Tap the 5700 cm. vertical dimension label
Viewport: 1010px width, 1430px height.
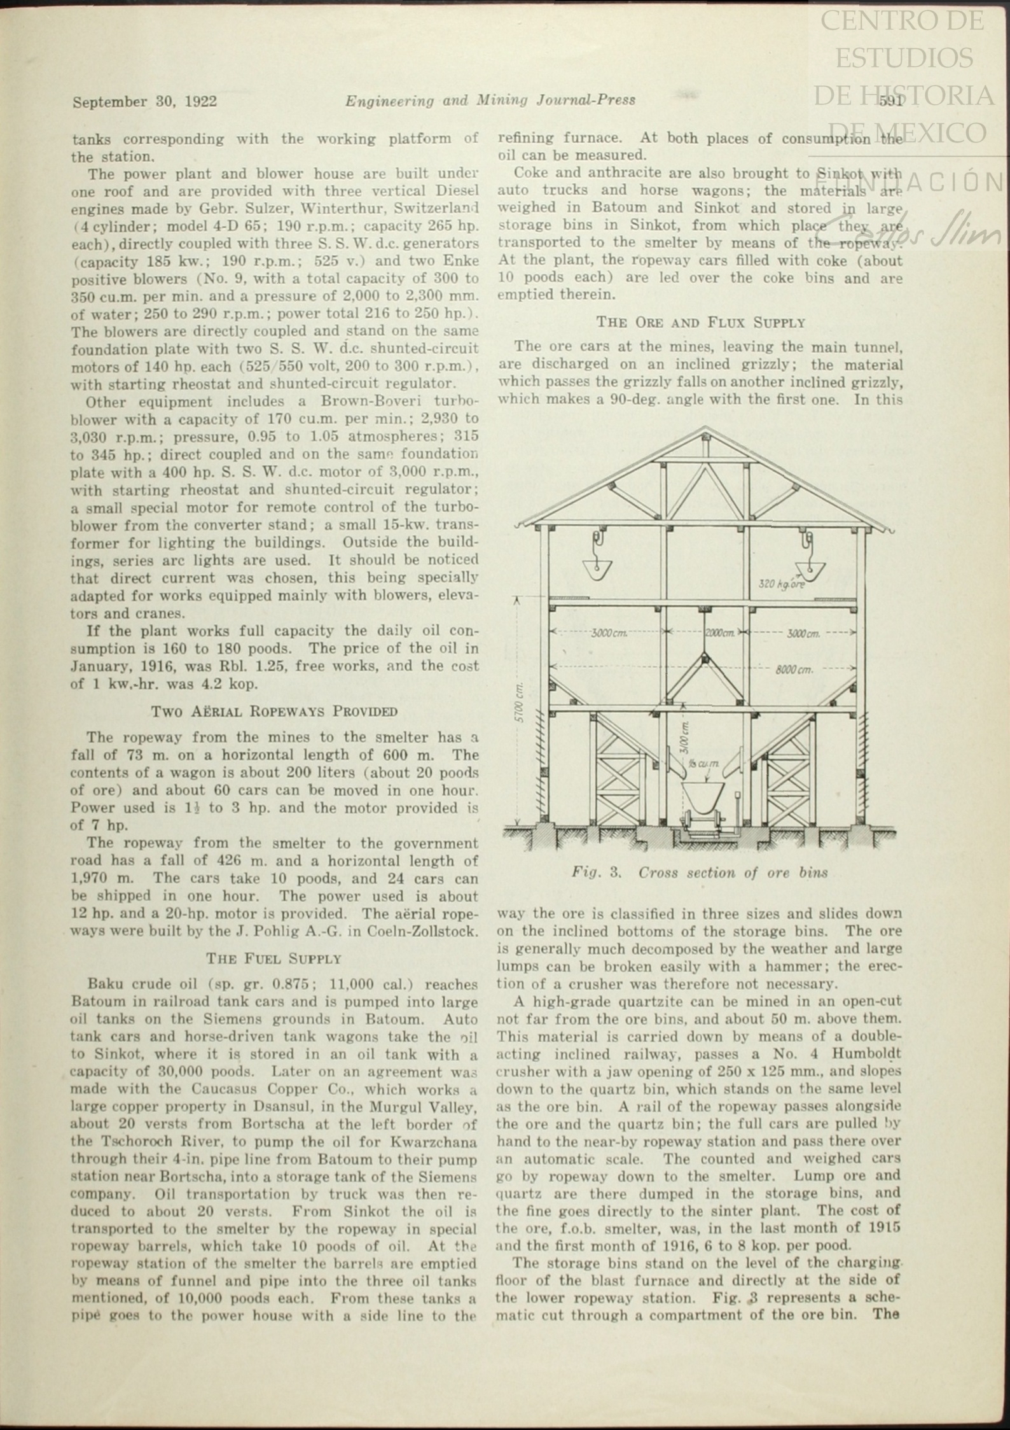pos(520,703)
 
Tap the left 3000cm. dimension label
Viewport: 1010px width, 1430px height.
pos(609,633)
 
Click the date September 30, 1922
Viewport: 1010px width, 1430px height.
pos(145,102)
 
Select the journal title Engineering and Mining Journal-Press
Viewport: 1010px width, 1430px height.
pos(490,101)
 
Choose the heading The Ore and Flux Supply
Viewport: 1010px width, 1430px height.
pos(700,322)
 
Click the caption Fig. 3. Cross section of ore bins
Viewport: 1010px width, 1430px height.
pos(700,873)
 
